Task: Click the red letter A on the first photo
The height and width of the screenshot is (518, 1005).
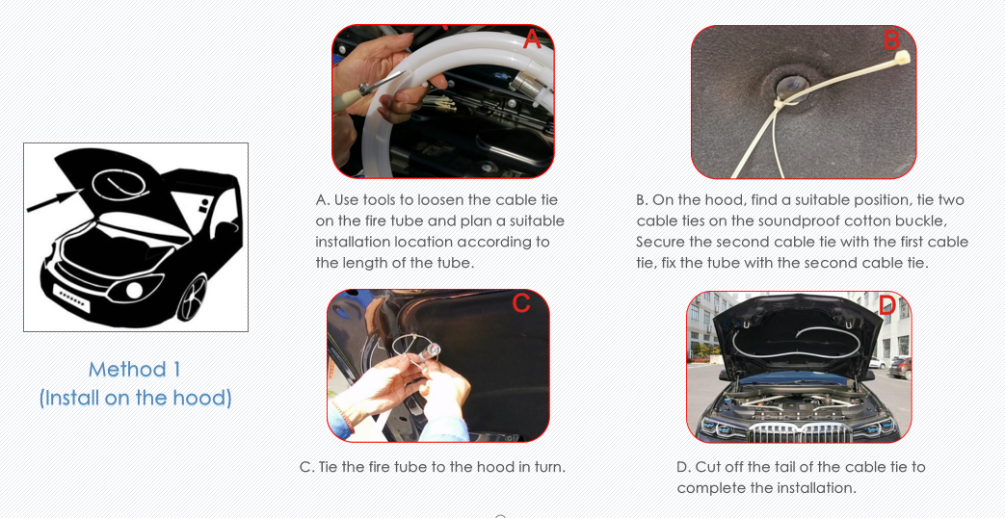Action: tap(533, 39)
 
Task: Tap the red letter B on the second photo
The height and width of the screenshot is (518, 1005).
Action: tap(891, 39)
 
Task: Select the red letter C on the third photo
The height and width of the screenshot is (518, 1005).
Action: tap(521, 303)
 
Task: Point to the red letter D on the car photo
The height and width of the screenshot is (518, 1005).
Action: tap(886, 305)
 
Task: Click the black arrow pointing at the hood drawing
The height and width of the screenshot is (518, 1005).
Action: tap(54, 199)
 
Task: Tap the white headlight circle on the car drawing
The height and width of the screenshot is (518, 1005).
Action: tap(134, 290)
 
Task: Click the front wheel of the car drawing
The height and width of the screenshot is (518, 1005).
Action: tap(192, 298)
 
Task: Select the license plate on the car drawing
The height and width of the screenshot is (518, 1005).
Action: tap(71, 298)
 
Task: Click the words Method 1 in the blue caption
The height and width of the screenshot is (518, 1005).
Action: tap(135, 370)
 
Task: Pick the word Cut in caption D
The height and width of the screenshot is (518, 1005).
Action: tap(706, 467)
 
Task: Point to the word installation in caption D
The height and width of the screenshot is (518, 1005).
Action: tap(814, 488)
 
